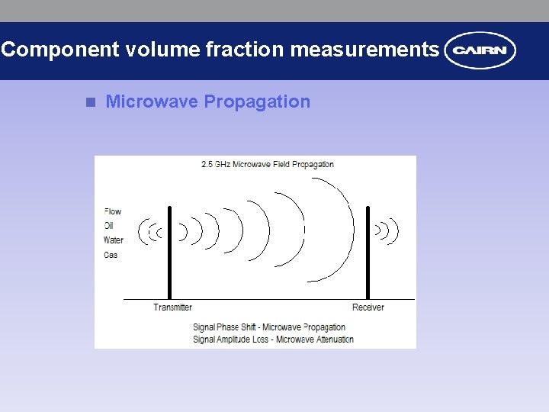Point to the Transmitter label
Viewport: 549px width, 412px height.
click(172, 307)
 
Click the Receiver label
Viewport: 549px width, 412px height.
click(368, 307)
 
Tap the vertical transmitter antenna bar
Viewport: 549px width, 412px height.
click(169, 252)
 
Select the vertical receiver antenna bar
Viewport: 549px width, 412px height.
click(368, 252)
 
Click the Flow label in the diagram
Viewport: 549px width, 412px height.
click(112, 211)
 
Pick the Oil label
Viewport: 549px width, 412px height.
click(109, 226)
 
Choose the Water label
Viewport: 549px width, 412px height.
click(113, 240)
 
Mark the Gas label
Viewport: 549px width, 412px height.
click(111, 255)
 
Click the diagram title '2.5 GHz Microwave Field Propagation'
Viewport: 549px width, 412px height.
click(267, 164)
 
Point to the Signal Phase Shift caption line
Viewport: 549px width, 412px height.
click(269, 327)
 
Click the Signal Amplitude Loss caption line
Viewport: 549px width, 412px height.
click(273, 340)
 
